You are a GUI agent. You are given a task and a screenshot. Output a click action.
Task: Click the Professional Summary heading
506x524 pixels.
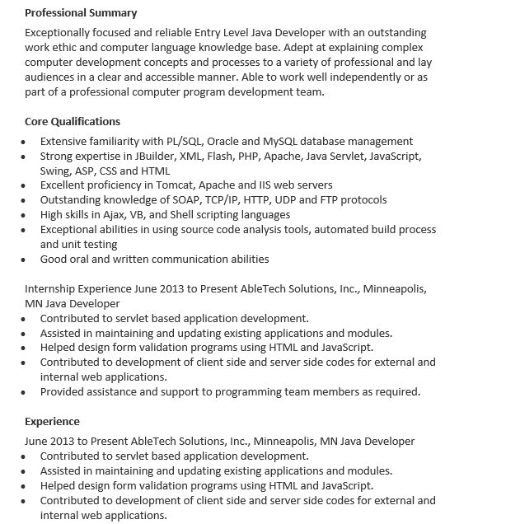click(81, 13)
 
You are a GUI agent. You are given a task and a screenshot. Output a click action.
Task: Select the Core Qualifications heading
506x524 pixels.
click(73, 121)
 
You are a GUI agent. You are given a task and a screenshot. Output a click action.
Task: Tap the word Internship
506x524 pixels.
click(52, 289)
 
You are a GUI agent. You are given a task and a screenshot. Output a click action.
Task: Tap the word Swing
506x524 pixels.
click(55, 171)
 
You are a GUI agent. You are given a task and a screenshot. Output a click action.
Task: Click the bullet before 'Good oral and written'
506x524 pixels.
click(25, 260)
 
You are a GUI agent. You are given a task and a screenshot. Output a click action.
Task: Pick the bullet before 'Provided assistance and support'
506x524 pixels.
click(25, 392)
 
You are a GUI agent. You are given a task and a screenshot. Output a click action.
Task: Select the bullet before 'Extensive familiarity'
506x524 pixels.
click(25, 142)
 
